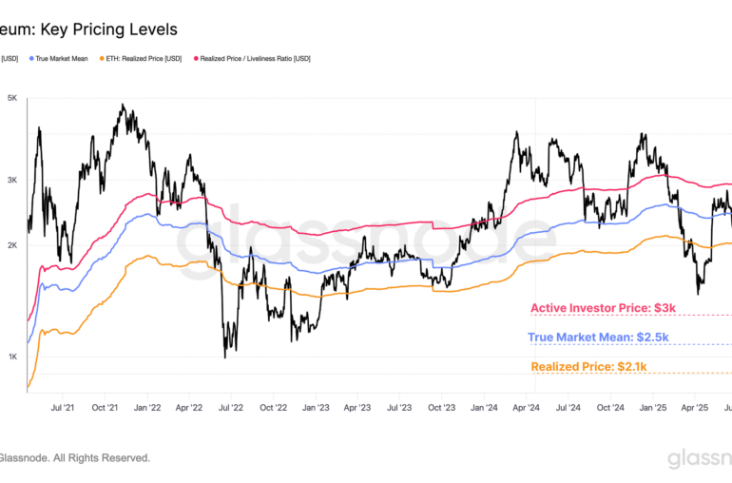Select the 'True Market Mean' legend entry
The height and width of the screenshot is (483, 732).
(63, 58)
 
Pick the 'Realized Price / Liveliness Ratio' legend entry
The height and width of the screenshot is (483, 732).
(254, 58)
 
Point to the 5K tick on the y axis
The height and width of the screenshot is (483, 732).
(12, 98)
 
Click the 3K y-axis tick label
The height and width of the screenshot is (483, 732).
(12, 179)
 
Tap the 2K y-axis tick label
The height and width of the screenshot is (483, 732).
(12, 245)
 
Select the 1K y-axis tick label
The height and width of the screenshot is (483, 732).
(12, 357)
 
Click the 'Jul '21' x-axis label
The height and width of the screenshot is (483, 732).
(64, 407)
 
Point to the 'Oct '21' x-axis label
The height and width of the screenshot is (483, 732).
(106, 407)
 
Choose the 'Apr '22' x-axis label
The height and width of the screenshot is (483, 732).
(189, 407)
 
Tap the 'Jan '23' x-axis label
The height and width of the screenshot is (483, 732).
(316, 407)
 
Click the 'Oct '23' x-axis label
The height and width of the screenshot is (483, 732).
(441, 407)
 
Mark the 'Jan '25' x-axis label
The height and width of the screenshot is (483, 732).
(652, 407)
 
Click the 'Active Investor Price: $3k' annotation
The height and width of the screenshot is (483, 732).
(603, 308)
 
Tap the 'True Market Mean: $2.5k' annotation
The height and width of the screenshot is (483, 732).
(598, 337)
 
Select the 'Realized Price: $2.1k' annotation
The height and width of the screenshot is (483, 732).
(588, 366)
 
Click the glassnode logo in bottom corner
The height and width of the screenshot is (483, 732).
(697, 460)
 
